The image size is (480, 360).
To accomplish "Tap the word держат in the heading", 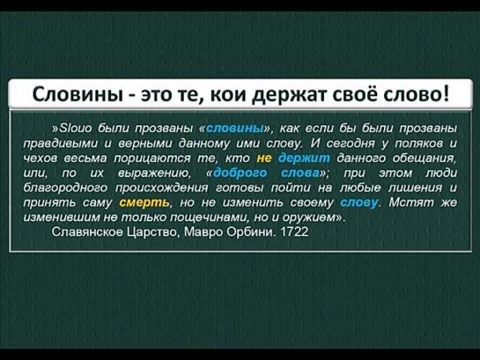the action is click(x=287, y=95).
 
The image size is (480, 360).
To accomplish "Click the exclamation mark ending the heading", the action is click(x=446, y=93).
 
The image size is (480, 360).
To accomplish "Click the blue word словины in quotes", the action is click(x=235, y=129).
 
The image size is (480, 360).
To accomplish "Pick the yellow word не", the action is click(x=264, y=158).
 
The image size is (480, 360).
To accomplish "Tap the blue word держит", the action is click(x=304, y=158).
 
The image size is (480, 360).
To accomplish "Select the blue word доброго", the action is click(x=240, y=173).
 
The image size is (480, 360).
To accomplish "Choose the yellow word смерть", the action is click(x=144, y=202).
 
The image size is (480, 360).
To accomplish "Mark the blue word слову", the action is click(x=359, y=202).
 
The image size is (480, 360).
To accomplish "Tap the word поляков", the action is click(x=419, y=143).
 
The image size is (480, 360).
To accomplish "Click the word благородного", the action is click(x=65, y=187).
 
